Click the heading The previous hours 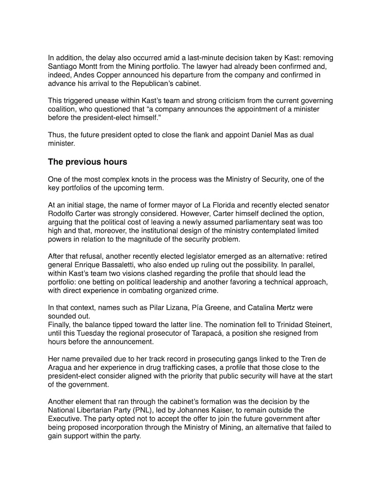87,162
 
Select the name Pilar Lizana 143,307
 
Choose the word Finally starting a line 61,325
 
